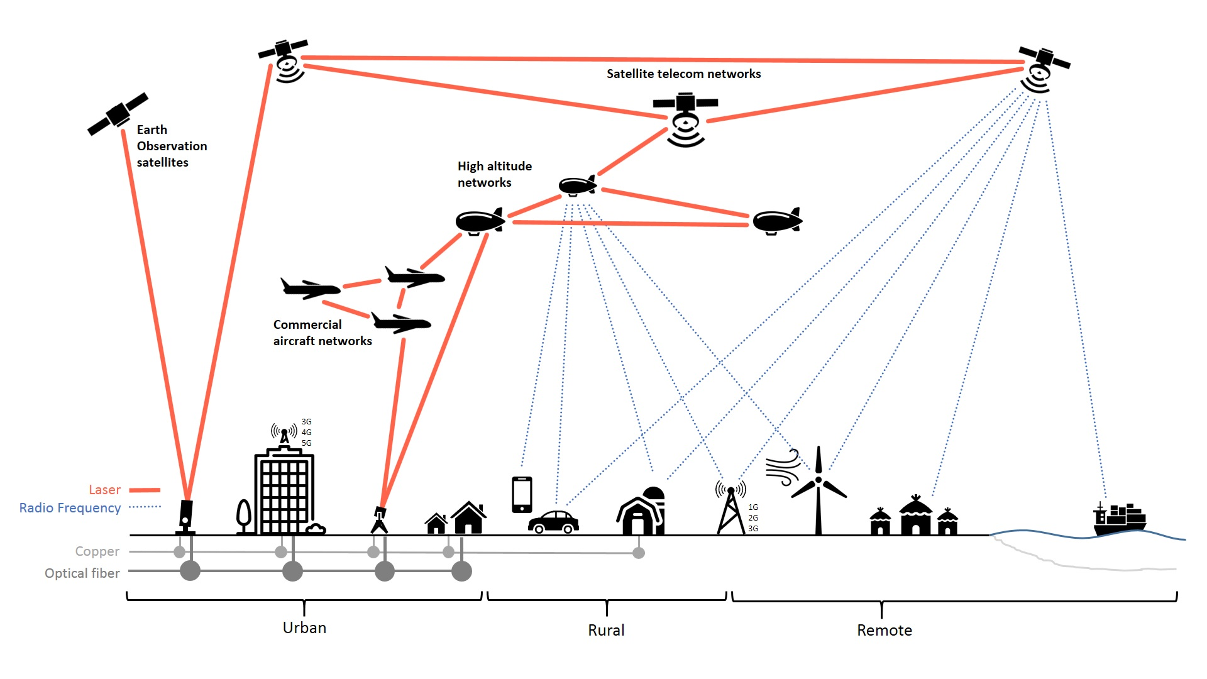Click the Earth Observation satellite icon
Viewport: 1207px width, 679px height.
(x=118, y=114)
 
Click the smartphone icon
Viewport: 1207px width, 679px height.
(x=522, y=495)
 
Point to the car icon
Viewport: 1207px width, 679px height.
(x=553, y=522)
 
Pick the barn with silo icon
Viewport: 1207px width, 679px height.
(x=641, y=512)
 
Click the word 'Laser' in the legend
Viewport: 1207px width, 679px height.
(x=104, y=490)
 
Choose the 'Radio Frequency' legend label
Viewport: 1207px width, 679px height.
(x=70, y=508)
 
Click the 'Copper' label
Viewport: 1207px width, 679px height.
(x=97, y=551)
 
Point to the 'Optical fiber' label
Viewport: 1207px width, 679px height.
(x=82, y=573)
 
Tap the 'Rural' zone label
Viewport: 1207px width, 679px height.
(x=606, y=631)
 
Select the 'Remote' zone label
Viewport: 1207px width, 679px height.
(x=884, y=631)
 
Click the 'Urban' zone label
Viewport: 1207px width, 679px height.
(x=304, y=628)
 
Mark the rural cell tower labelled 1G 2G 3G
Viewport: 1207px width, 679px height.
(x=730, y=509)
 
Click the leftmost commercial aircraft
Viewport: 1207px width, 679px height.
(x=311, y=289)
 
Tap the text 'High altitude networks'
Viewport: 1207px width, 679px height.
(x=494, y=174)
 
